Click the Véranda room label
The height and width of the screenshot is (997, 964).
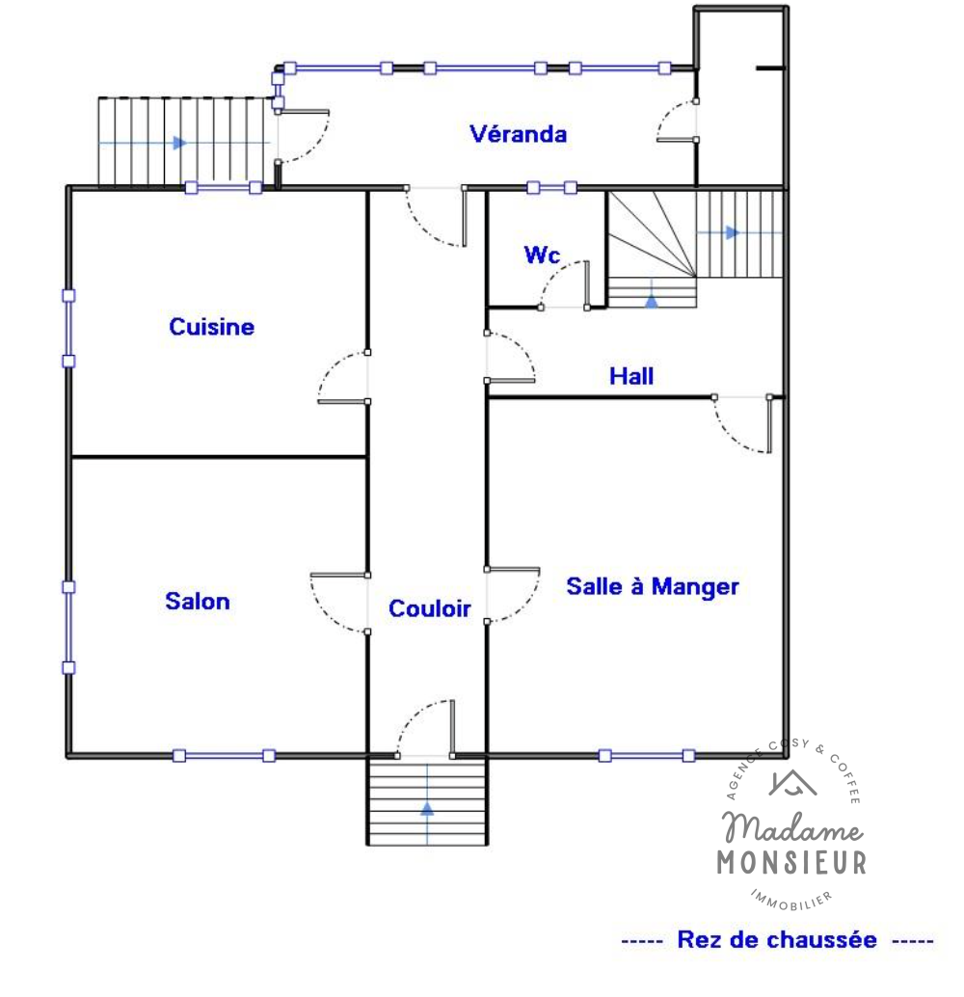coord(518,134)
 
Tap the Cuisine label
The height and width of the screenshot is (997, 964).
coord(212,327)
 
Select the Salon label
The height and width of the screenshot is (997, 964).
coord(197,602)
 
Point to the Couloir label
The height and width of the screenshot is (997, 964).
coord(429,608)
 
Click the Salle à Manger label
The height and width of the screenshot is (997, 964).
coord(653,586)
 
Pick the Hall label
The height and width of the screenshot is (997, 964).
coord(631,376)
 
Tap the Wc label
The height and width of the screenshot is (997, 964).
coord(542,255)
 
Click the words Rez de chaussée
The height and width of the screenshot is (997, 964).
coord(776,940)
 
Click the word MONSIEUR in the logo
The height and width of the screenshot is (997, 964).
coord(791,863)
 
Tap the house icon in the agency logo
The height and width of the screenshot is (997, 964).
coord(792,783)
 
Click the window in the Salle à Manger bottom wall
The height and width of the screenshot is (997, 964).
coord(647,755)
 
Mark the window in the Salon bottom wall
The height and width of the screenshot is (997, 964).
coord(224,755)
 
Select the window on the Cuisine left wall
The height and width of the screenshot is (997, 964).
coord(68,329)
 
